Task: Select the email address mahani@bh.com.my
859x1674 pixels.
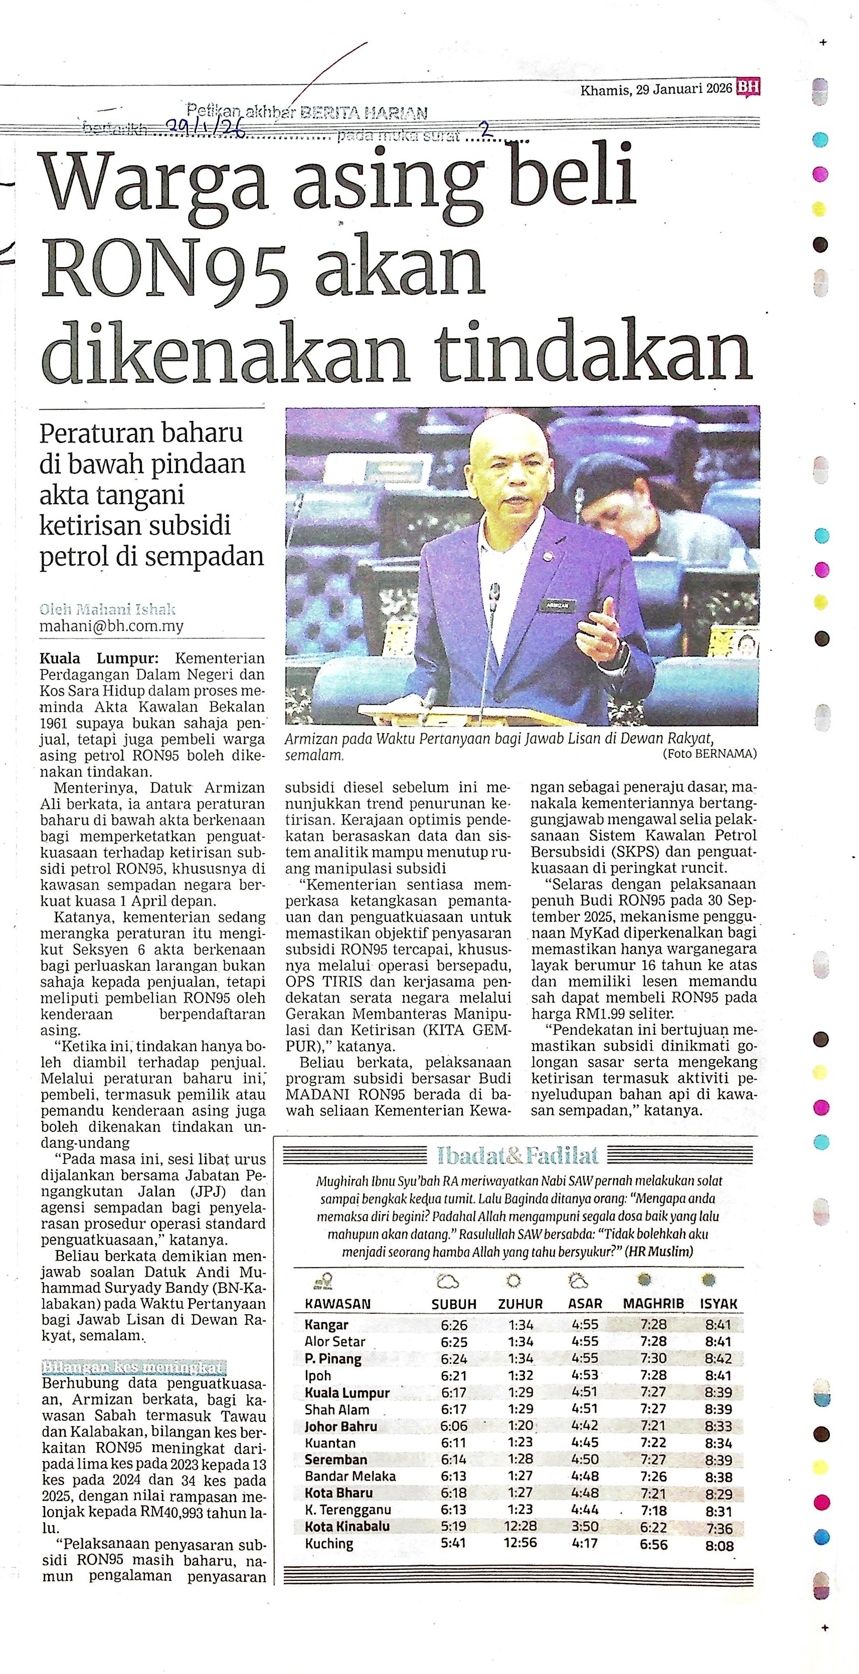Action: click(x=112, y=626)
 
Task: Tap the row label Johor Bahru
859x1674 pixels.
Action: click(x=340, y=1426)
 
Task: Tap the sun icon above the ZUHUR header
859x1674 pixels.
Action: click(x=513, y=1281)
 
